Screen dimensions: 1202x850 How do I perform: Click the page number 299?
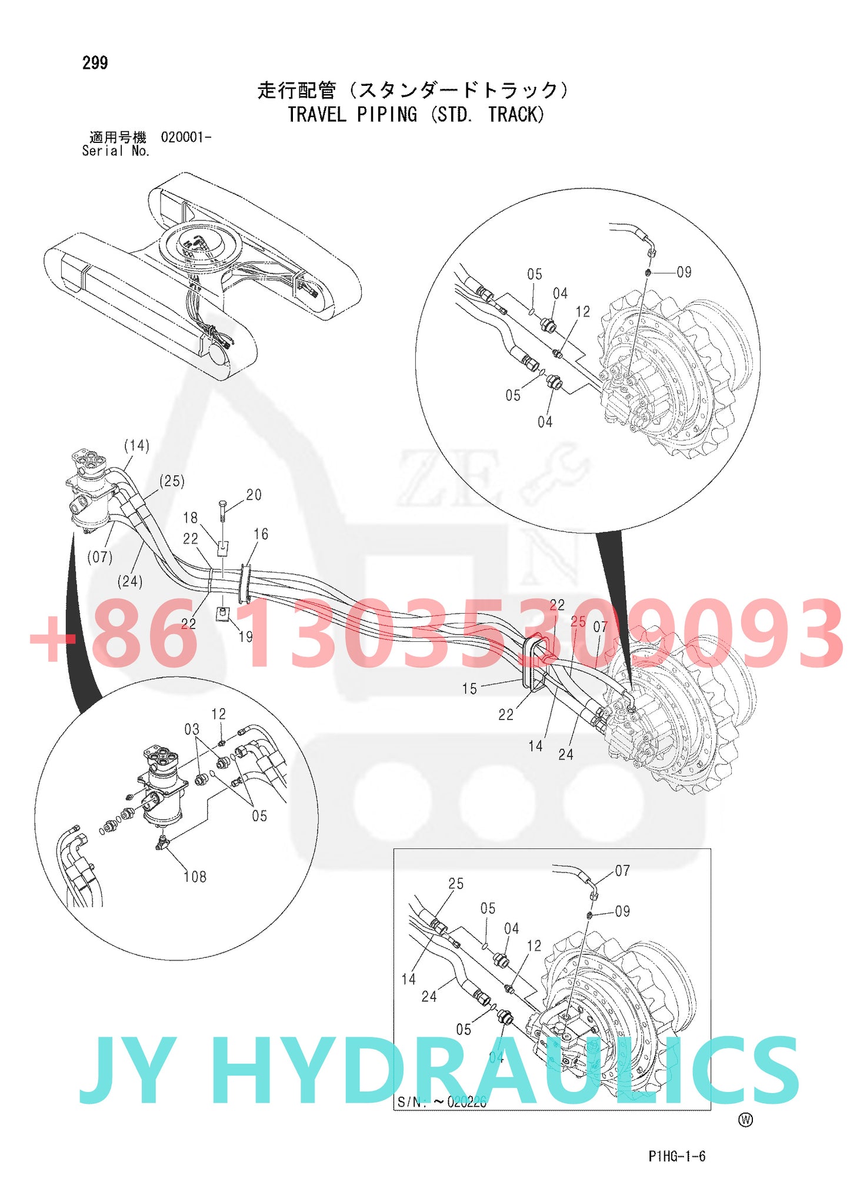pos(95,63)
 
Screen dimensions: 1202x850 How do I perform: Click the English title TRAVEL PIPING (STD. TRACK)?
pos(415,114)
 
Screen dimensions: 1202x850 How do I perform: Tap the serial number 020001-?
pos(185,138)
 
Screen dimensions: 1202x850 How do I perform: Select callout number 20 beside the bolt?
pos(254,495)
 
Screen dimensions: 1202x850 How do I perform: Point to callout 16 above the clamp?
pos(261,534)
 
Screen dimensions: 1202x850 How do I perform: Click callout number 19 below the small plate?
pos(246,637)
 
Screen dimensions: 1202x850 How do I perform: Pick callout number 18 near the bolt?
pos(191,518)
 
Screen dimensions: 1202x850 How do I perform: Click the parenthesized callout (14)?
pos(136,445)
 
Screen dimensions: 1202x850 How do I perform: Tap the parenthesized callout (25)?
pos(172,481)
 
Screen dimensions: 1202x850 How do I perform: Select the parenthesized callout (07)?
pos(99,557)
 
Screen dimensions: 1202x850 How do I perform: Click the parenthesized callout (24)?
pos(130,581)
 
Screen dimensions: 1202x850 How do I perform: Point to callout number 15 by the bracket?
pos(469,689)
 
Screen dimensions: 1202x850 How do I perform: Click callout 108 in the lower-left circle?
pos(195,877)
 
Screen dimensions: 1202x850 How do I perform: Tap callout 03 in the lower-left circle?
pos(192,730)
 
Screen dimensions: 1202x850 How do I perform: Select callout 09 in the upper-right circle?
pos(684,272)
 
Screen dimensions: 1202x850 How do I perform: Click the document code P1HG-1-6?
pos(676,1156)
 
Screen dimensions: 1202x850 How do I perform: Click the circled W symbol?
pos(745,1120)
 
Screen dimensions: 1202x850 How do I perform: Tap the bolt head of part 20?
pos(222,504)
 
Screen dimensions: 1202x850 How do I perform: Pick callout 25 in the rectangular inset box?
pos(456,884)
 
